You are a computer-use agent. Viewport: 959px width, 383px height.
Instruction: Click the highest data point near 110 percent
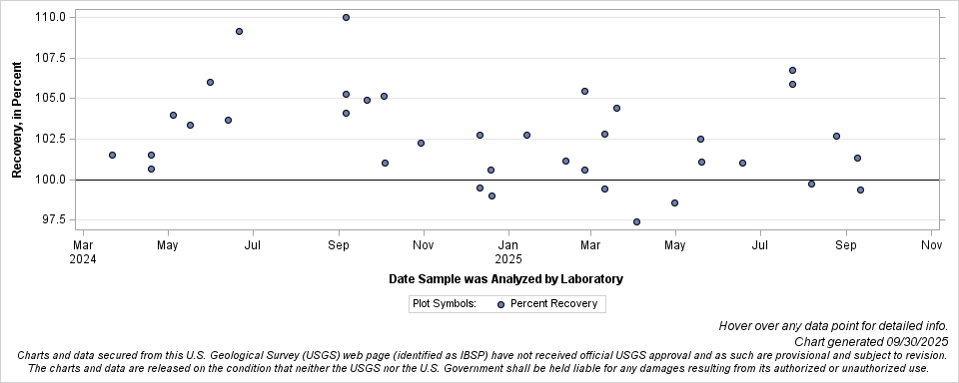(346, 17)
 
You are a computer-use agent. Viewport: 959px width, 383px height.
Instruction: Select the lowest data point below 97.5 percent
(636, 221)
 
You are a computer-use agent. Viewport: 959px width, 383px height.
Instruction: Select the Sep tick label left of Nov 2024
(340, 244)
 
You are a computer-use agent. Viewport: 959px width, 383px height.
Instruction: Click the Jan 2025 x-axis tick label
(509, 250)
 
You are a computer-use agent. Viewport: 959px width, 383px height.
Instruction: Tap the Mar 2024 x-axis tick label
(84, 250)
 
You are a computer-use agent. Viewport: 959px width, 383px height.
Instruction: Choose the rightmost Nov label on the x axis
(931, 244)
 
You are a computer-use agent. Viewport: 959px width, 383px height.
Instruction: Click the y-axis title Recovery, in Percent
(17, 119)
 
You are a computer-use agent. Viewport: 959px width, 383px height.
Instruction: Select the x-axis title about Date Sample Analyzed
(505, 279)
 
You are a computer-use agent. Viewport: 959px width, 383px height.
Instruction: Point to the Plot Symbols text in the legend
(446, 304)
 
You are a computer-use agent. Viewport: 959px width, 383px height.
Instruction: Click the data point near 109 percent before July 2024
(239, 31)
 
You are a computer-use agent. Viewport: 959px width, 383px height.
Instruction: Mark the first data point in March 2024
(112, 155)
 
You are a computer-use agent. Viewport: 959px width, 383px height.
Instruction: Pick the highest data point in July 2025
(792, 70)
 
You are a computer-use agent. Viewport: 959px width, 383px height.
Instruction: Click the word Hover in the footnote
(737, 326)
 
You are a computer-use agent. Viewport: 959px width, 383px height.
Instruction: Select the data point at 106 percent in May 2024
(210, 82)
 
